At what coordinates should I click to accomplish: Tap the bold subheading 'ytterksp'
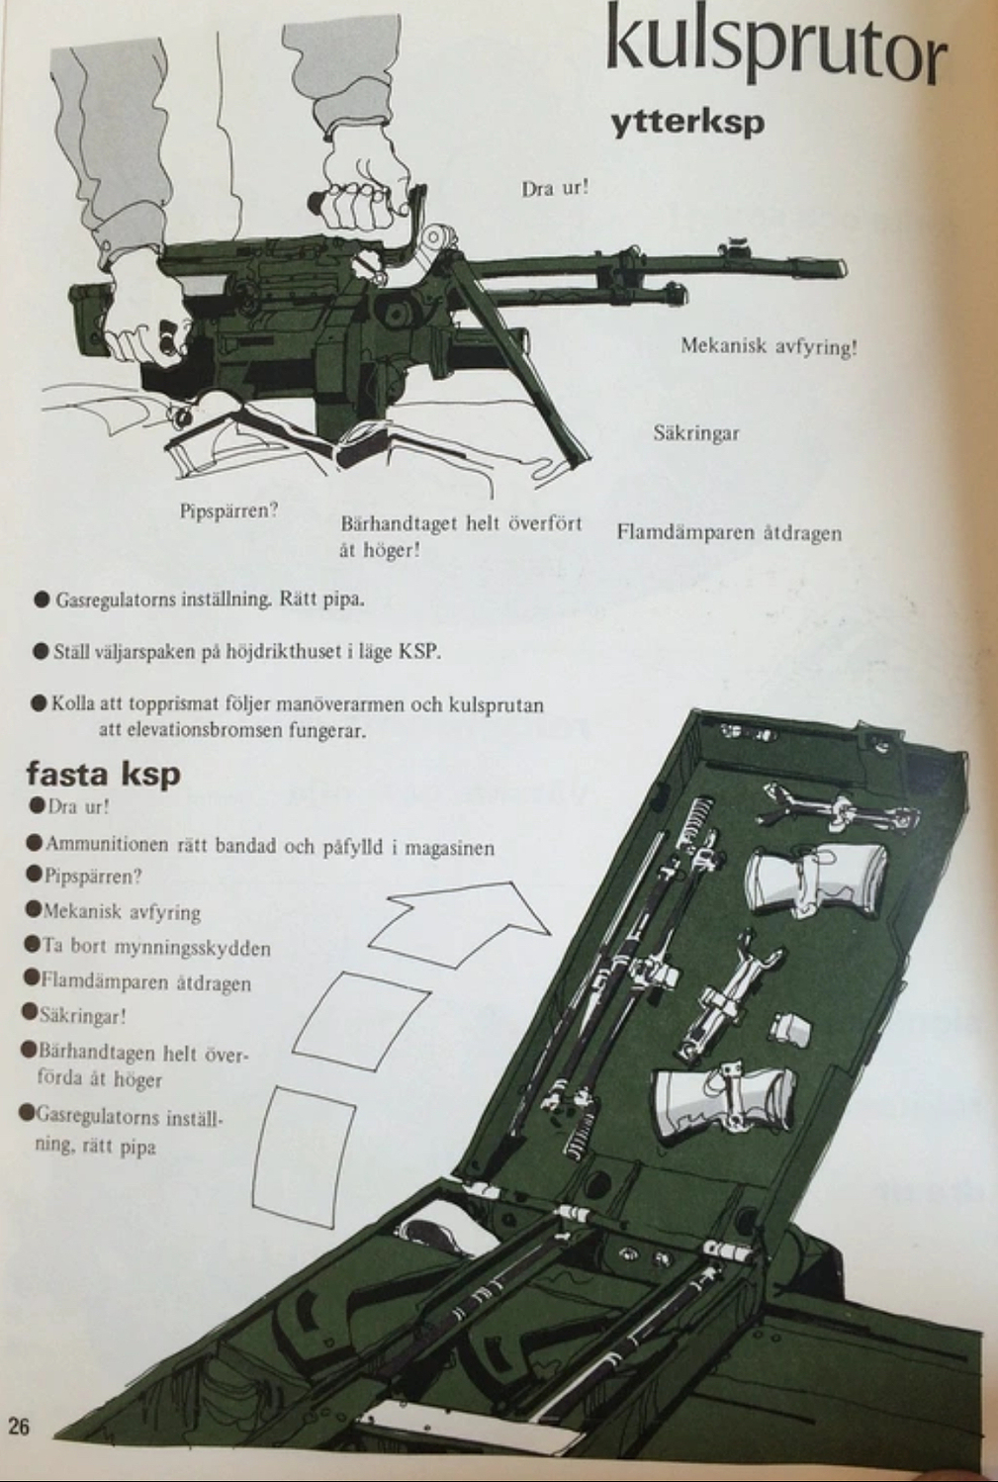coord(687,124)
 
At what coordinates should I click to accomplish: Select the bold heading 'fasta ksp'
coord(103,772)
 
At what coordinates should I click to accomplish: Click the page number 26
coord(20,1426)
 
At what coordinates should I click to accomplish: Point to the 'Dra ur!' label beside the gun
coord(555,187)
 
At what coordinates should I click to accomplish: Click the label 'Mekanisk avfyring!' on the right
coord(768,346)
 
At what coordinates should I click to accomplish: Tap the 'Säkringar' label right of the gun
coord(695,432)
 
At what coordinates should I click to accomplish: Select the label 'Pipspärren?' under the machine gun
coord(228,510)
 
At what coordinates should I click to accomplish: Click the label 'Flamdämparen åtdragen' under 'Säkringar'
coord(729,532)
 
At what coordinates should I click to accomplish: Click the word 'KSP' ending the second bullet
coord(419,652)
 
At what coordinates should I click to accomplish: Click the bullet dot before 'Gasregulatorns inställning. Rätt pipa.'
coord(42,600)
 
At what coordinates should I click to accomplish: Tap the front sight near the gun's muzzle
coord(734,246)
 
